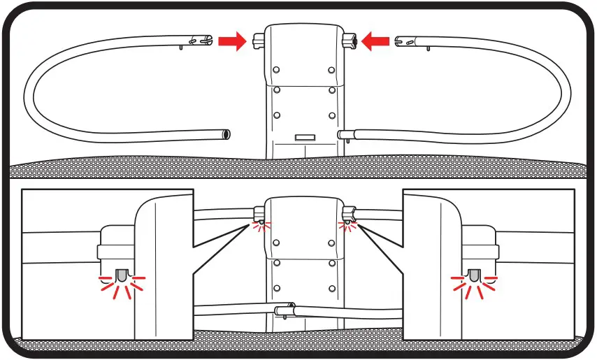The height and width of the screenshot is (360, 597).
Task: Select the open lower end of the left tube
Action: [x=225, y=133]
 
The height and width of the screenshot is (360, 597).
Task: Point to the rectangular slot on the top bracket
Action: [x=303, y=138]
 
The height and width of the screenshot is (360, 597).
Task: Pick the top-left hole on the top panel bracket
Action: [x=277, y=70]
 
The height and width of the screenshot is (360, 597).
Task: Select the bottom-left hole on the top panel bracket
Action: [x=277, y=115]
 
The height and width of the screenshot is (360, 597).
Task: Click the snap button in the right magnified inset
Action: [x=474, y=277]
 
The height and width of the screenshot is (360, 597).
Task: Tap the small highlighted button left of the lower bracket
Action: [x=260, y=224]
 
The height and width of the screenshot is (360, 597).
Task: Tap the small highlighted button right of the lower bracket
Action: [x=345, y=224]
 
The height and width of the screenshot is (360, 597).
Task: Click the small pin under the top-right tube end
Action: [x=425, y=48]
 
